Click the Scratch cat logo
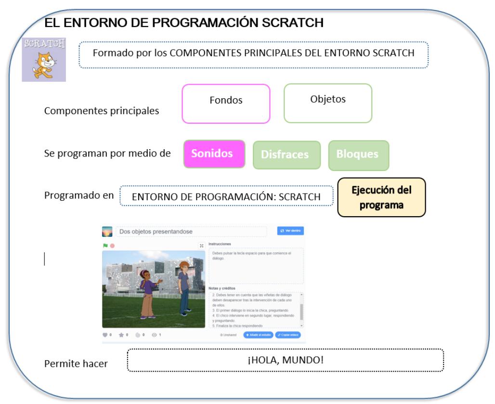point(44,60)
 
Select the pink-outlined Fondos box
point(226,104)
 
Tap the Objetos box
point(328,103)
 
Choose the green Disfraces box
point(287,155)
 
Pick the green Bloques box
point(359,155)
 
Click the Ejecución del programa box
point(381,197)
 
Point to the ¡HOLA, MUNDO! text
point(286,360)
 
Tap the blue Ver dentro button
point(290,231)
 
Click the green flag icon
point(105,246)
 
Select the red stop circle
point(112,246)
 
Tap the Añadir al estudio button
point(258,335)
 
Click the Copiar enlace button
point(288,335)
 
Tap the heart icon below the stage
point(105,335)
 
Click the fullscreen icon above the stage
point(202,246)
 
